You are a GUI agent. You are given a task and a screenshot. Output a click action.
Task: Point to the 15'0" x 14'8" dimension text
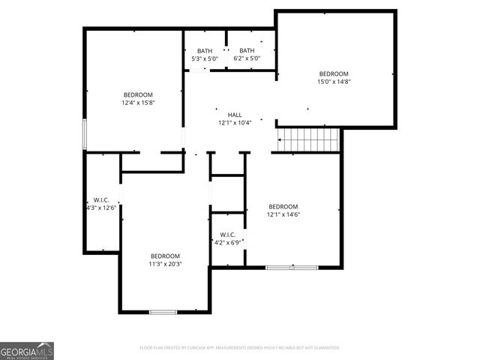click(x=334, y=82)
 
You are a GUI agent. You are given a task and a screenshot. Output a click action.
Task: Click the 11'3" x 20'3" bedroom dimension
click(x=165, y=264)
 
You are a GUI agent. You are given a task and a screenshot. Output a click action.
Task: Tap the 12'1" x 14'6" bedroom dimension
click(x=283, y=214)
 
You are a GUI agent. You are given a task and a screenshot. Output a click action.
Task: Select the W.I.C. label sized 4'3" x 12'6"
click(x=100, y=199)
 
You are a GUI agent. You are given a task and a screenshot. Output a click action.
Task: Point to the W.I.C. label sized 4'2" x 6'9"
click(x=227, y=235)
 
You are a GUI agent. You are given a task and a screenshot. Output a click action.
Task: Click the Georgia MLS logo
click(x=27, y=350)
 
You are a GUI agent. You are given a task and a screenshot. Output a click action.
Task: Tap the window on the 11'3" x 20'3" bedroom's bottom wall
click(x=163, y=311)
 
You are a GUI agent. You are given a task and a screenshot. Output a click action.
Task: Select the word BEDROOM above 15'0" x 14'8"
click(x=334, y=73)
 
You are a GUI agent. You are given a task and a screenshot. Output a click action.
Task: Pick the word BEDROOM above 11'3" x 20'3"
click(x=165, y=256)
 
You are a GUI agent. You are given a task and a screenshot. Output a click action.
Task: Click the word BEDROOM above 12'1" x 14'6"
click(x=283, y=206)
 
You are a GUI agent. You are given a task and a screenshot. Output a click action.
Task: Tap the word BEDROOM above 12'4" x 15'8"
click(x=138, y=94)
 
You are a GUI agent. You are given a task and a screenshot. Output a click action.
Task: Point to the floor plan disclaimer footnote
click(x=240, y=348)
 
